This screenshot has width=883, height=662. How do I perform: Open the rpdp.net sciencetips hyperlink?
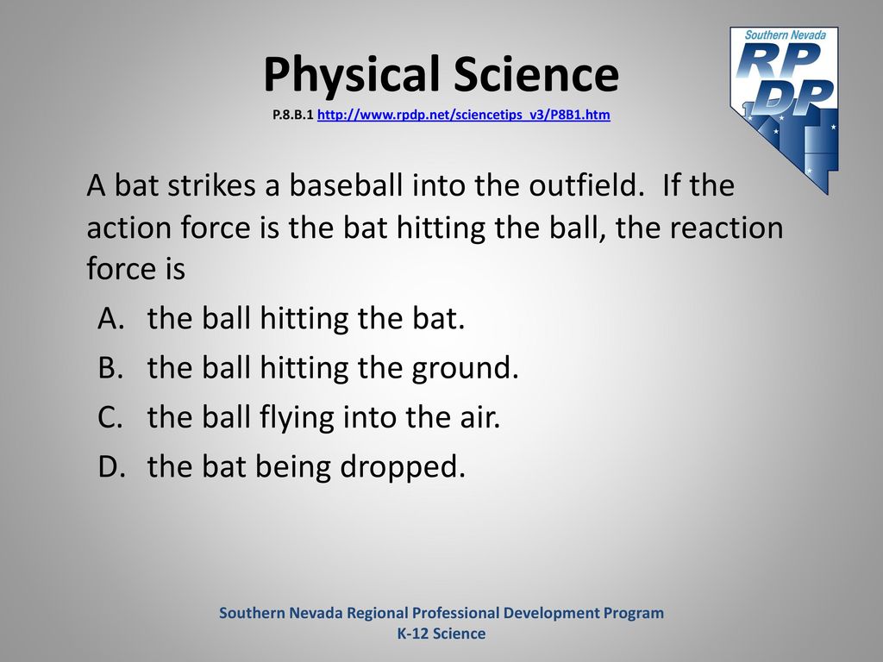(x=463, y=115)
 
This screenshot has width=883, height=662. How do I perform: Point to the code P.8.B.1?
(x=293, y=115)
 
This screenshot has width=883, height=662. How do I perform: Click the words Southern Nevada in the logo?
(x=785, y=34)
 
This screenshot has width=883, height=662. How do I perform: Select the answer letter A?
(x=110, y=318)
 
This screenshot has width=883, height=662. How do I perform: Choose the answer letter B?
(x=110, y=367)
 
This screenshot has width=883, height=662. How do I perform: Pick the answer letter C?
(x=110, y=417)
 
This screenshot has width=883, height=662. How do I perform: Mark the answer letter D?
(x=111, y=466)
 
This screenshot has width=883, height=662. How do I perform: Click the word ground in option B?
(x=465, y=369)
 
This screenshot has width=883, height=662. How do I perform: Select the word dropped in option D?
(x=403, y=468)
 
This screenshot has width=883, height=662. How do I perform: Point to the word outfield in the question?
(x=586, y=184)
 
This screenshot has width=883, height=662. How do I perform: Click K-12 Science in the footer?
(x=441, y=634)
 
